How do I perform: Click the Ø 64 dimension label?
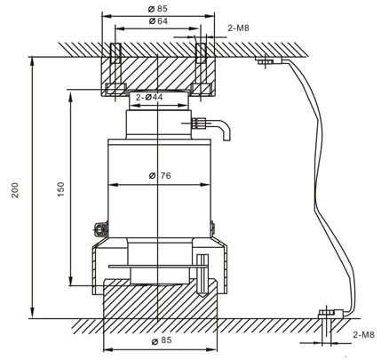[x=156, y=20]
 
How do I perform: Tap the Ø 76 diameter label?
[x=160, y=175]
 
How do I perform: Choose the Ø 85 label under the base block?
[x=160, y=340]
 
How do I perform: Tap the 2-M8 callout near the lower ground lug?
[x=364, y=334]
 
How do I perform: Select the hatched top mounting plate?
[x=156, y=67]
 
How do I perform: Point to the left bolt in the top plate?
[x=115, y=68]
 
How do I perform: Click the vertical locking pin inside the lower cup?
[x=202, y=270]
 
